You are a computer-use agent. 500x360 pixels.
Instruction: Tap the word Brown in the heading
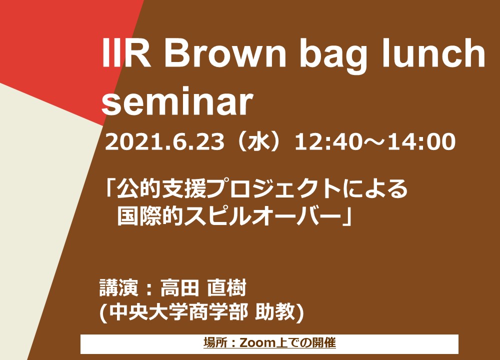click(225, 52)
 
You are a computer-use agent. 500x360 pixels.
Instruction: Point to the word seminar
click(177, 101)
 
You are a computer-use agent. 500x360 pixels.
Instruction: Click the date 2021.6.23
click(164, 142)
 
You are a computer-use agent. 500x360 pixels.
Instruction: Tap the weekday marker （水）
click(259, 142)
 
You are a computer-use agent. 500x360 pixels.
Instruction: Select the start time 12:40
click(328, 142)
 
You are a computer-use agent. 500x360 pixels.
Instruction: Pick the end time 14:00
click(421, 142)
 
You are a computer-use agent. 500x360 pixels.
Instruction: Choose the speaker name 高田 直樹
click(203, 288)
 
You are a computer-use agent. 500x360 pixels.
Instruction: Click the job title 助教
click(275, 311)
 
